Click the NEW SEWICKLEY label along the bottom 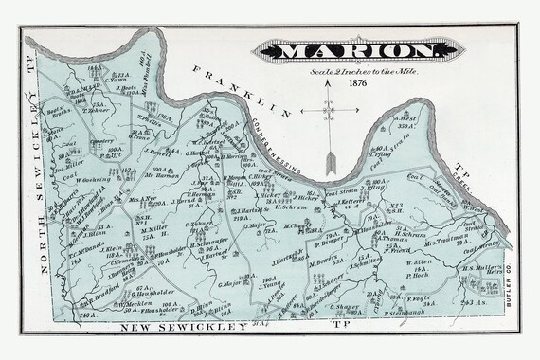(174, 326)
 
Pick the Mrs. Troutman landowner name (468, 220)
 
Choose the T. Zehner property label (100, 110)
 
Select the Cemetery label (102, 140)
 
